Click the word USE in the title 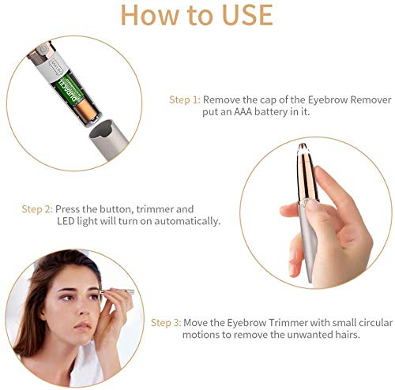tap(247, 15)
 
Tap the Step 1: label tap(185, 100)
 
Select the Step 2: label tap(37, 209)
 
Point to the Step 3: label tap(166, 323)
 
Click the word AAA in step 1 tap(243, 112)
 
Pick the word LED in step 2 tap(66, 221)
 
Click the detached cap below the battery tap(108, 137)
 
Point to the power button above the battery tap(42, 49)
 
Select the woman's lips tap(82, 327)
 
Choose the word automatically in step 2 tap(187, 221)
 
